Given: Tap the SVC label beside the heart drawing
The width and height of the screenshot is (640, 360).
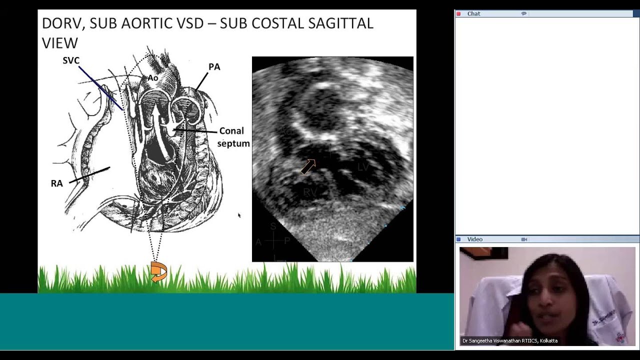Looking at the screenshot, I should pyautogui.click(x=71, y=60).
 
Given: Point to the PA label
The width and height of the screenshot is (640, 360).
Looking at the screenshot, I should pyautogui.click(x=214, y=67).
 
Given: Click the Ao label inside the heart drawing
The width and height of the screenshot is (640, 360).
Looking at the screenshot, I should pyautogui.click(x=152, y=78).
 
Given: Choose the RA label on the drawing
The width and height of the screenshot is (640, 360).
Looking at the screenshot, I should pyautogui.click(x=56, y=183).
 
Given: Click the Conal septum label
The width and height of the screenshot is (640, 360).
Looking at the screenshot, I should pyautogui.click(x=233, y=137).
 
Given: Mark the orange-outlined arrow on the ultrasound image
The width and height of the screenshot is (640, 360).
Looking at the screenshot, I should pyautogui.click(x=308, y=166).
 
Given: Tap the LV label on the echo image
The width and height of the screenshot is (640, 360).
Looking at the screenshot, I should pyautogui.click(x=363, y=167).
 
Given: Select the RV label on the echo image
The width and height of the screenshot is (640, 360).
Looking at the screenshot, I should pyautogui.click(x=310, y=192).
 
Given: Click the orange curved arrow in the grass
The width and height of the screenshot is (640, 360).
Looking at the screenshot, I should pyautogui.click(x=158, y=272).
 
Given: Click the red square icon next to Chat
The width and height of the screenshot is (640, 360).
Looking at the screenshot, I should pyautogui.click(x=458, y=14).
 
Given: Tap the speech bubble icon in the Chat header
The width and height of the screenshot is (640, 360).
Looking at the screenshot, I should pyautogui.click(x=523, y=14).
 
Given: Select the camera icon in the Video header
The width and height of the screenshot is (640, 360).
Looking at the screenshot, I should pyautogui.click(x=524, y=239).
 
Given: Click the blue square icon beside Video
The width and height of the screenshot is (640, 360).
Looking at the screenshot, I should pyautogui.click(x=458, y=239).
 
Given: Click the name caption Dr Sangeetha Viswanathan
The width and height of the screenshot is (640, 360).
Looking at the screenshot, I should pyautogui.click(x=509, y=341).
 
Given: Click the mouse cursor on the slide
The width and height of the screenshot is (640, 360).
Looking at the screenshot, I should pyautogui.click(x=239, y=215).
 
